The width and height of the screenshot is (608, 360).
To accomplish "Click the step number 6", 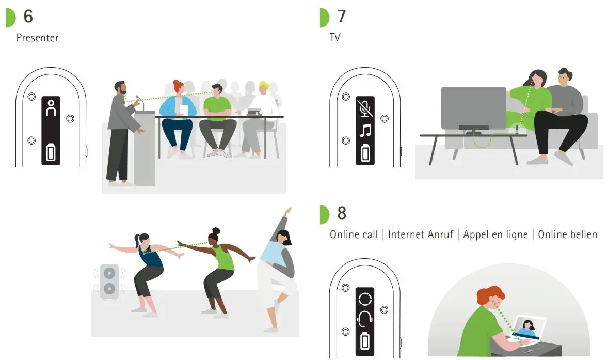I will point(28,17).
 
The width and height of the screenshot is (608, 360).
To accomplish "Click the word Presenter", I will point(37,38).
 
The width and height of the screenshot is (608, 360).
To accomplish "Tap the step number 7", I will point(342,17).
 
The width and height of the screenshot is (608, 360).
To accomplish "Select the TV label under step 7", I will point(335,37).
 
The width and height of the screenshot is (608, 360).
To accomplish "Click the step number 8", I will point(342,213).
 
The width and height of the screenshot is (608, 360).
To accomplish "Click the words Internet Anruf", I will point(421,234).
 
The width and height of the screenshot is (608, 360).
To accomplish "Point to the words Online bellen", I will point(567,234).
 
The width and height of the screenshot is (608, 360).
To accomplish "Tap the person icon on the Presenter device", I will point(51,109).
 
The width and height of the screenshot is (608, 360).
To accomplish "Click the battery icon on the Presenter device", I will point(51,153).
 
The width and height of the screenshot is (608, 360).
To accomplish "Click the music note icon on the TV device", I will point(365,130).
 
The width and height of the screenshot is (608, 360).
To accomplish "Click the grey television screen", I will point(473,107).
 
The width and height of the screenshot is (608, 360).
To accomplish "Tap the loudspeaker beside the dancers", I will point(109,281).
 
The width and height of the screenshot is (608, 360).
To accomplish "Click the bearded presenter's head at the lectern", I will point(120,88).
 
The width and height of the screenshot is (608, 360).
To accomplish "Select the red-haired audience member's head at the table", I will point(178,87).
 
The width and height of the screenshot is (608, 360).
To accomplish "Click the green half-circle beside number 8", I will point(324,213).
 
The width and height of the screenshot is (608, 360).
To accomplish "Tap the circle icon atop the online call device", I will point(365,299).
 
